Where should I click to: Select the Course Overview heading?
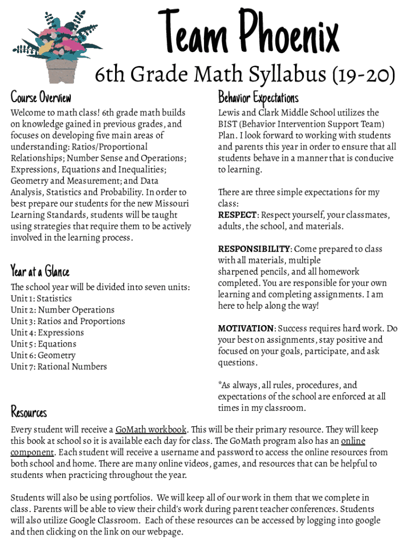[x=41, y=97]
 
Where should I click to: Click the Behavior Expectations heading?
[x=258, y=97]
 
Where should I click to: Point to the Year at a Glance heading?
[x=40, y=271]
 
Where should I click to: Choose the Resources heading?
[x=29, y=412]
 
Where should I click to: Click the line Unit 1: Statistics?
[x=41, y=299]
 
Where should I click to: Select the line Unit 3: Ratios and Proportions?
[x=68, y=321]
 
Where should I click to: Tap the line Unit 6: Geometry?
[x=43, y=356]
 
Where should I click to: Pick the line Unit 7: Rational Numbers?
[x=59, y=367]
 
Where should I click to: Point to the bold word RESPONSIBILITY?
[x=254, y=249]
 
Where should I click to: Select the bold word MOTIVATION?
[x=245, y=328]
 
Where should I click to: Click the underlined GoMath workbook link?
[x=151, y=430]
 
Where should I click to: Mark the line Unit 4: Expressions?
[x=47, y=333]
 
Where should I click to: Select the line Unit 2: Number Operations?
[x=62, y=310]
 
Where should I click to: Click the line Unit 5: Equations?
[x=44, y=344]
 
